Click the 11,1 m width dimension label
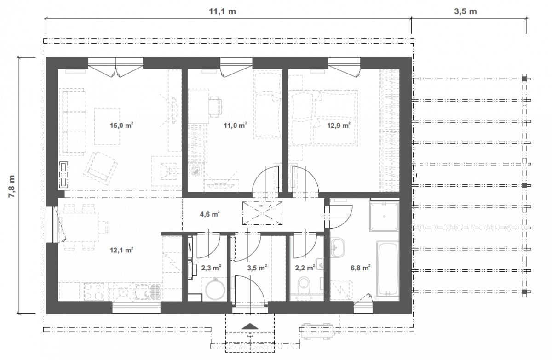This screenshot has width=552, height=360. [222, 11]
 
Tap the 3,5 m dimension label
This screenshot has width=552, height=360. [466, 11]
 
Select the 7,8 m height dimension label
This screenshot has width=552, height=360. [11, 186]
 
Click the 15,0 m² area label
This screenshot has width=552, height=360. [121, 126]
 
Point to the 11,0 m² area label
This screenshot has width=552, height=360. [235, 126]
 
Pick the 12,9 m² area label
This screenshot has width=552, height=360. [339, 126]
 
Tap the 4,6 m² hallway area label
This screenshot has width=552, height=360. [210, 214]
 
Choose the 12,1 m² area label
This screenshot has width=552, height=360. [121, 250]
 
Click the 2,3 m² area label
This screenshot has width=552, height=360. [211, 268]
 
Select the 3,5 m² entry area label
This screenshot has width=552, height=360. [257, 268]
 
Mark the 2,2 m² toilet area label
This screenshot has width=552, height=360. [305, 268]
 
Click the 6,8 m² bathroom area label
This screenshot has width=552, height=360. [361, 268]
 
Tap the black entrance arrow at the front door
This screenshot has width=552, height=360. [250, 326]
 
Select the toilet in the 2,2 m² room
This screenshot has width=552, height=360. [305, 286]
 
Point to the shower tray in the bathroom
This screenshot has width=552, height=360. [384, 217]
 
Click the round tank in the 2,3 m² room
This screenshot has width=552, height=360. [215, 289]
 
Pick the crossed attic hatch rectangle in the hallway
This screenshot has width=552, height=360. [262, 213]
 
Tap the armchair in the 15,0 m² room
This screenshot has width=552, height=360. [100, 168]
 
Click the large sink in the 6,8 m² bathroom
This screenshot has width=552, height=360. [338, 248]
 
